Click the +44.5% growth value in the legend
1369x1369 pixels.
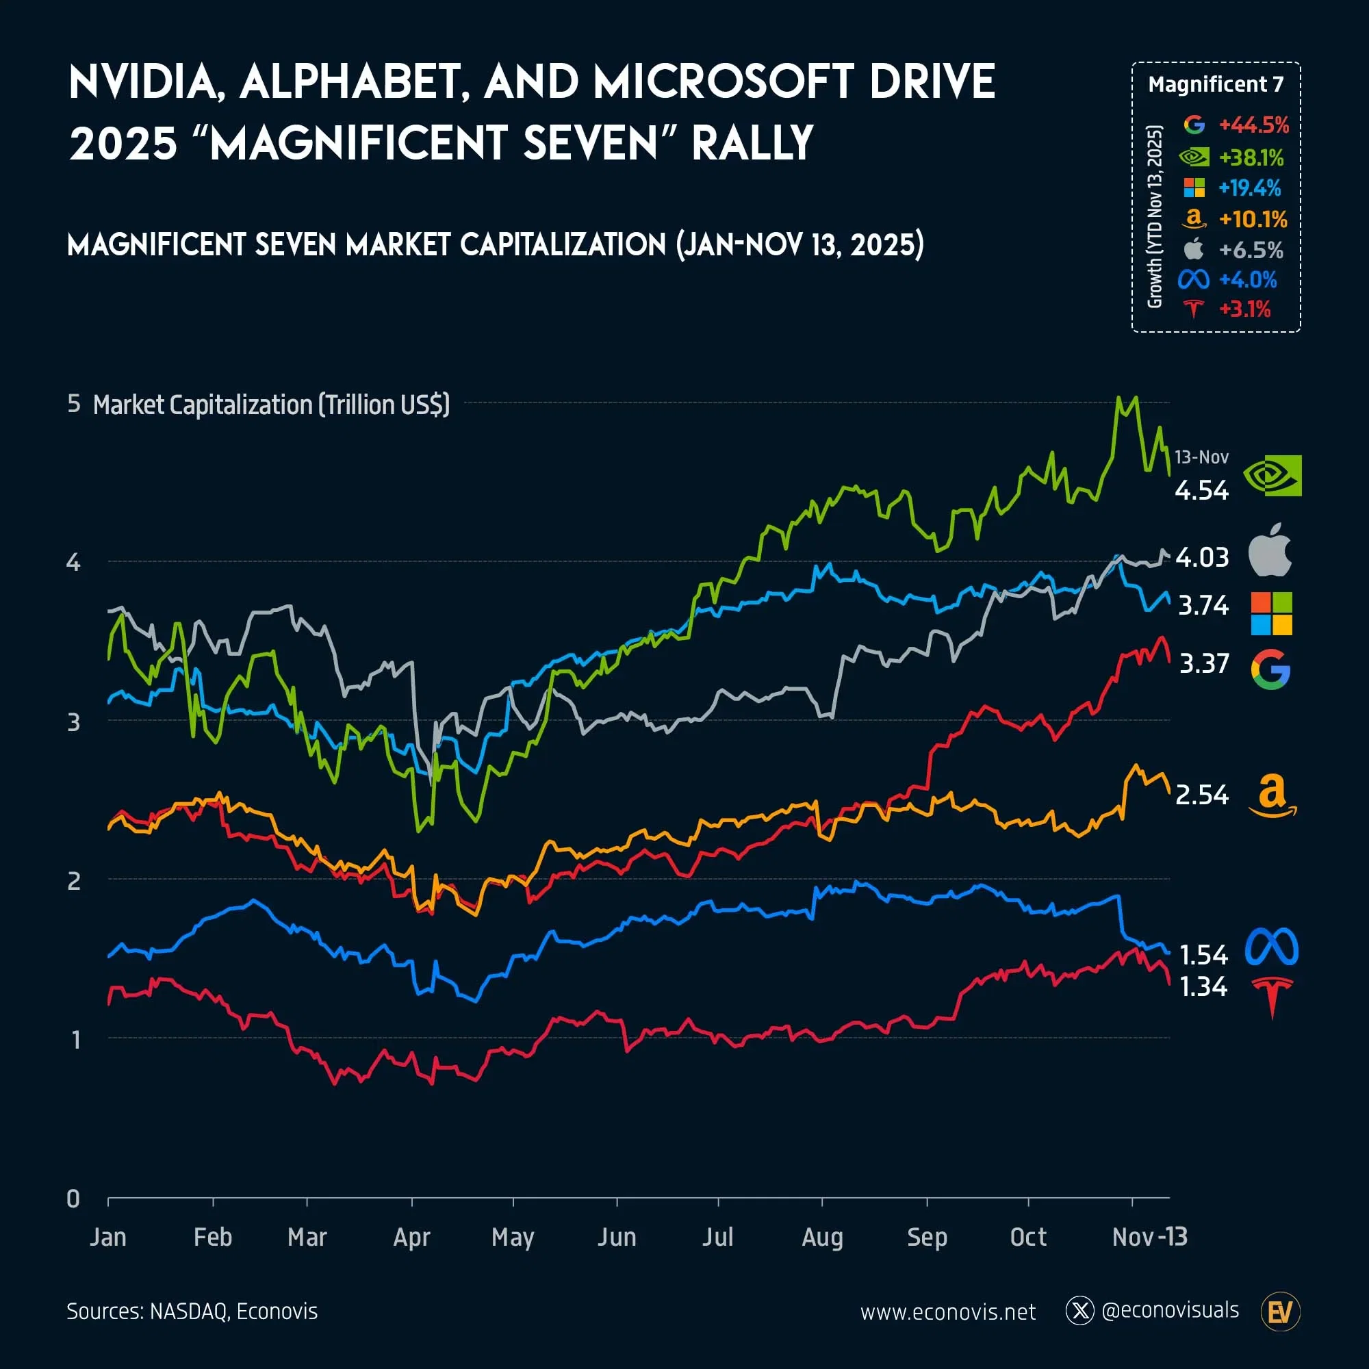(x=1253, y=125)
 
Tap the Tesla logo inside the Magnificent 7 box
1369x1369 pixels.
(x=1194, y=309)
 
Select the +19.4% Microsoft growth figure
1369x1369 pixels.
(x=1249, y=188)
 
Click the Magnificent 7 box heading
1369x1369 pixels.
(x=1215, y=84)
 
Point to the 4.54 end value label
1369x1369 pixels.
(x=1201, y=490)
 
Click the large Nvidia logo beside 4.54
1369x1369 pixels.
(x=1272, y=476)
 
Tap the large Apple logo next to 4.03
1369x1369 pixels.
(x=1269, y=550)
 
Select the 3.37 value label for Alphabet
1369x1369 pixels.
(x=1203, y=664)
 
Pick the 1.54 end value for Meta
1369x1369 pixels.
(x=1203, y=955)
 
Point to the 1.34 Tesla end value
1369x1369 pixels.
(x=1203, y=987)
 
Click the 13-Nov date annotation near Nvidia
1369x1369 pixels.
(x=1201, y=457)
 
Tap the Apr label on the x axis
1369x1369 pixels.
(x=411, y=1237)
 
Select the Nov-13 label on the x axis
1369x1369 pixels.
(x=1149, y=1237)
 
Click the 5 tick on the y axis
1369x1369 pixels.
(x=74, y=403)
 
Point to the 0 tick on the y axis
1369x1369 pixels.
(x=73, y=1199)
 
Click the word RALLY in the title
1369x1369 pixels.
(x=752, y=144)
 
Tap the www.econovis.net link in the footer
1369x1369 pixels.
(x=947, y=1312)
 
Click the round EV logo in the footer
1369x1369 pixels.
(x=1280, y=1312)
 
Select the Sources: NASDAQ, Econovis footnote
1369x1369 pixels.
(x=192, y=1312)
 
